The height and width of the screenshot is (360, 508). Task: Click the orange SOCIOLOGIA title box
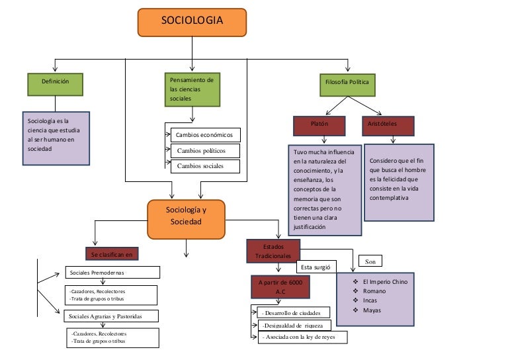(192, 22)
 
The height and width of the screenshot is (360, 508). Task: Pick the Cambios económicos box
(204, 135)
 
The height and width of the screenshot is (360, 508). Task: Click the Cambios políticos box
(204, 151)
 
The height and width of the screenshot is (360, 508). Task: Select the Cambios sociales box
(204, 166)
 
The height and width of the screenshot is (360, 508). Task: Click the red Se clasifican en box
(112, 253)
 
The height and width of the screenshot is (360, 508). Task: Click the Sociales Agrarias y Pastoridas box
(111, 316)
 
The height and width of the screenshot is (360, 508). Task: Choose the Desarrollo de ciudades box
(292, 312)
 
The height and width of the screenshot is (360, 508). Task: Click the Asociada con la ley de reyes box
(298, 337)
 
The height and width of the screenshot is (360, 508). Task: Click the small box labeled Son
(370, 261)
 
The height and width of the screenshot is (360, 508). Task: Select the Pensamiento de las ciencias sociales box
(192, 89)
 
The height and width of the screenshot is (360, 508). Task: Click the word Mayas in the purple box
(372, 310)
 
